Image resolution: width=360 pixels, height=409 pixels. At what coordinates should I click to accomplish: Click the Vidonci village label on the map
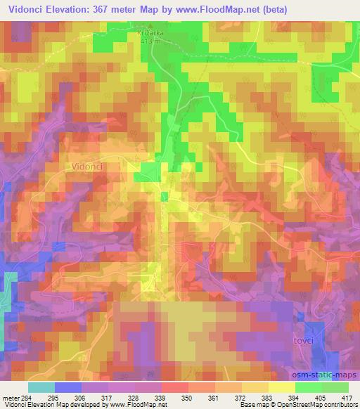87,167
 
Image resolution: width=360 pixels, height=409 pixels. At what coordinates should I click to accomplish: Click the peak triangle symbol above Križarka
149,25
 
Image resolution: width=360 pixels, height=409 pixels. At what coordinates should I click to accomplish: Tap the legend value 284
27,398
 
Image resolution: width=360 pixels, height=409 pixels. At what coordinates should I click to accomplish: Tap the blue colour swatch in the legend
67,388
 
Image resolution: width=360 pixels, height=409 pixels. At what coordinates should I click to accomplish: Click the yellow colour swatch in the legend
281,388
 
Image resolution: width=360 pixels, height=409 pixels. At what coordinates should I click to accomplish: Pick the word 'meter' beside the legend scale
10,398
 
